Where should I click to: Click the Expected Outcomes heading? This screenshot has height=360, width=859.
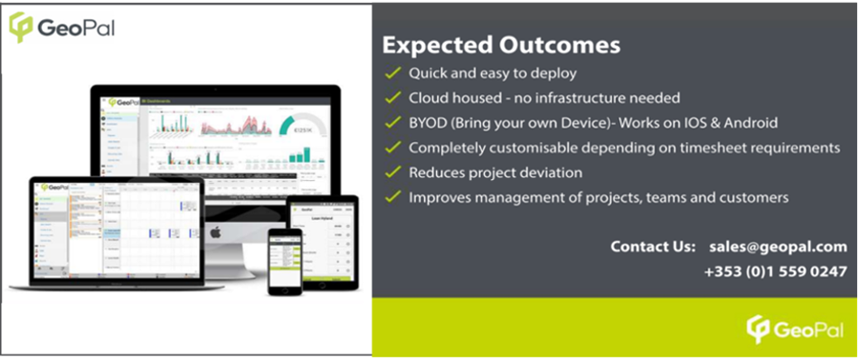(x=501, y=43)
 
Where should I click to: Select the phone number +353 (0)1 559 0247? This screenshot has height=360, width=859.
(x=775, y=270)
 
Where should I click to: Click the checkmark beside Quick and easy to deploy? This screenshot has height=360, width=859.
(x=392, y=73)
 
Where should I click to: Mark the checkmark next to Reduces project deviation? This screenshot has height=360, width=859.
(x=392, y=172)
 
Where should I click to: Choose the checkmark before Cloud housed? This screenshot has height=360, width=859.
(x=392, y=98)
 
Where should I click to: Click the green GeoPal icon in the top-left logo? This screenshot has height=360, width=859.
(x=21, y=27)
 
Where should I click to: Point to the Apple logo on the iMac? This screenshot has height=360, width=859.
(x=215, y=232)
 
